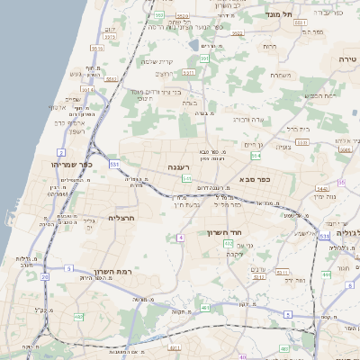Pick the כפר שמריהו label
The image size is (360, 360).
[72, 165]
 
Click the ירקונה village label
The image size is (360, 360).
[235, 254]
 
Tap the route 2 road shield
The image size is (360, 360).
[60, 152]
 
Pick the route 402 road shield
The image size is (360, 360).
[229, 243]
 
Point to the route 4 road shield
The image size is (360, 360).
[180, 237]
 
